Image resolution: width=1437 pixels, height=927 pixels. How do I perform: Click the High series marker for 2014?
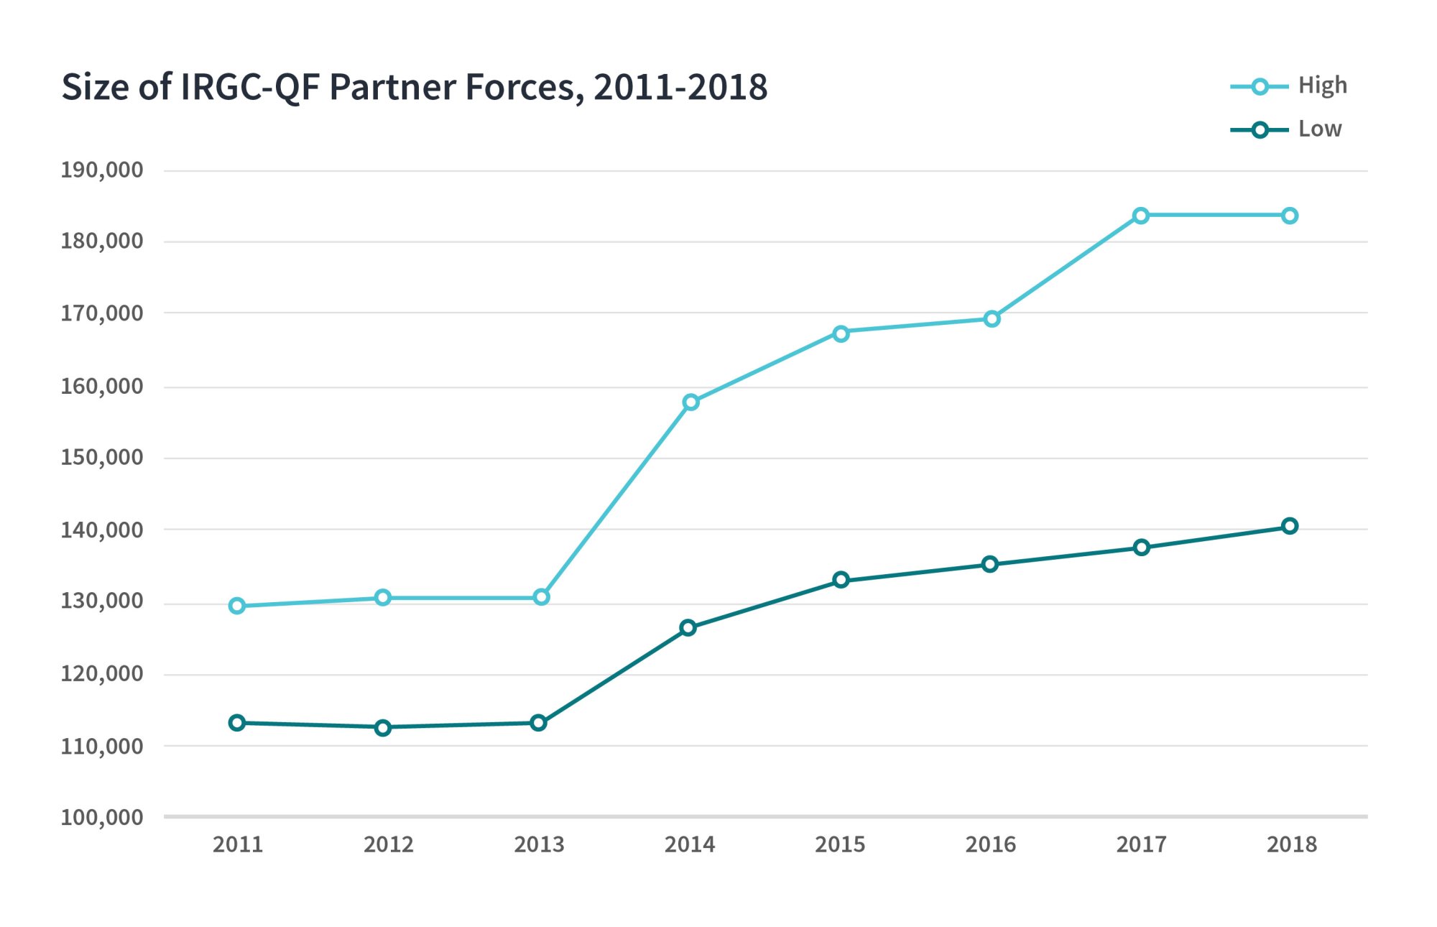tap(690, 402)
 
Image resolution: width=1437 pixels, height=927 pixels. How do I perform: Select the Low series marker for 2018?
tap(1290, 526)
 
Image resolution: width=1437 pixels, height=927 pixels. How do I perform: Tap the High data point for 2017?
tap(1141, 216)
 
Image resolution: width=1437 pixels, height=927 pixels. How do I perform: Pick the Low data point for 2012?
tap(383, 728)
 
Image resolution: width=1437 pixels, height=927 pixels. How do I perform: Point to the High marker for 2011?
tap(237, 607)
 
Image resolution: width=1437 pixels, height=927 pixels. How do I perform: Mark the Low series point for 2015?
tap(841, 580)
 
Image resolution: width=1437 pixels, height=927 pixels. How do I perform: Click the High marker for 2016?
tap(992, 319)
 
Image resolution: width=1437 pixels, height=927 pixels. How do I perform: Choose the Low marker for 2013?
tap(539, 723)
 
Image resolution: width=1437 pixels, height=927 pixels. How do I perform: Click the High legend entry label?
tap(1322, 86)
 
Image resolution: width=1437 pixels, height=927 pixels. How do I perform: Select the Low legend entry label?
tap(1320, 129)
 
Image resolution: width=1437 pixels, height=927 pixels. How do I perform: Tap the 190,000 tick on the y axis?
tap(102, 170)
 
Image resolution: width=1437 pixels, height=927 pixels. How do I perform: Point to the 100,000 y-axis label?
tap(102, 817)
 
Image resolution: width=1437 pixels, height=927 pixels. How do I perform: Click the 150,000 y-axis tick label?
tap(102, 458)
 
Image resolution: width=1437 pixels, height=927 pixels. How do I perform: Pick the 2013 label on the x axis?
tap(539, 844)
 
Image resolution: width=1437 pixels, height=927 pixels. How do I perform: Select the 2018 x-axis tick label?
tap(1291, 844)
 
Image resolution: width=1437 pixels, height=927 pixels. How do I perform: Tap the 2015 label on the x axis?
tap(840, 844)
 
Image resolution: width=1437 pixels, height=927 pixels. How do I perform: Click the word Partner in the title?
tap(392, 87)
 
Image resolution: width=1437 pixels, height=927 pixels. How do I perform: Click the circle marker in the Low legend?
tap(1260, 130)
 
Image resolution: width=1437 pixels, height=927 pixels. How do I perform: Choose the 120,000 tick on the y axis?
tap(102, 674)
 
